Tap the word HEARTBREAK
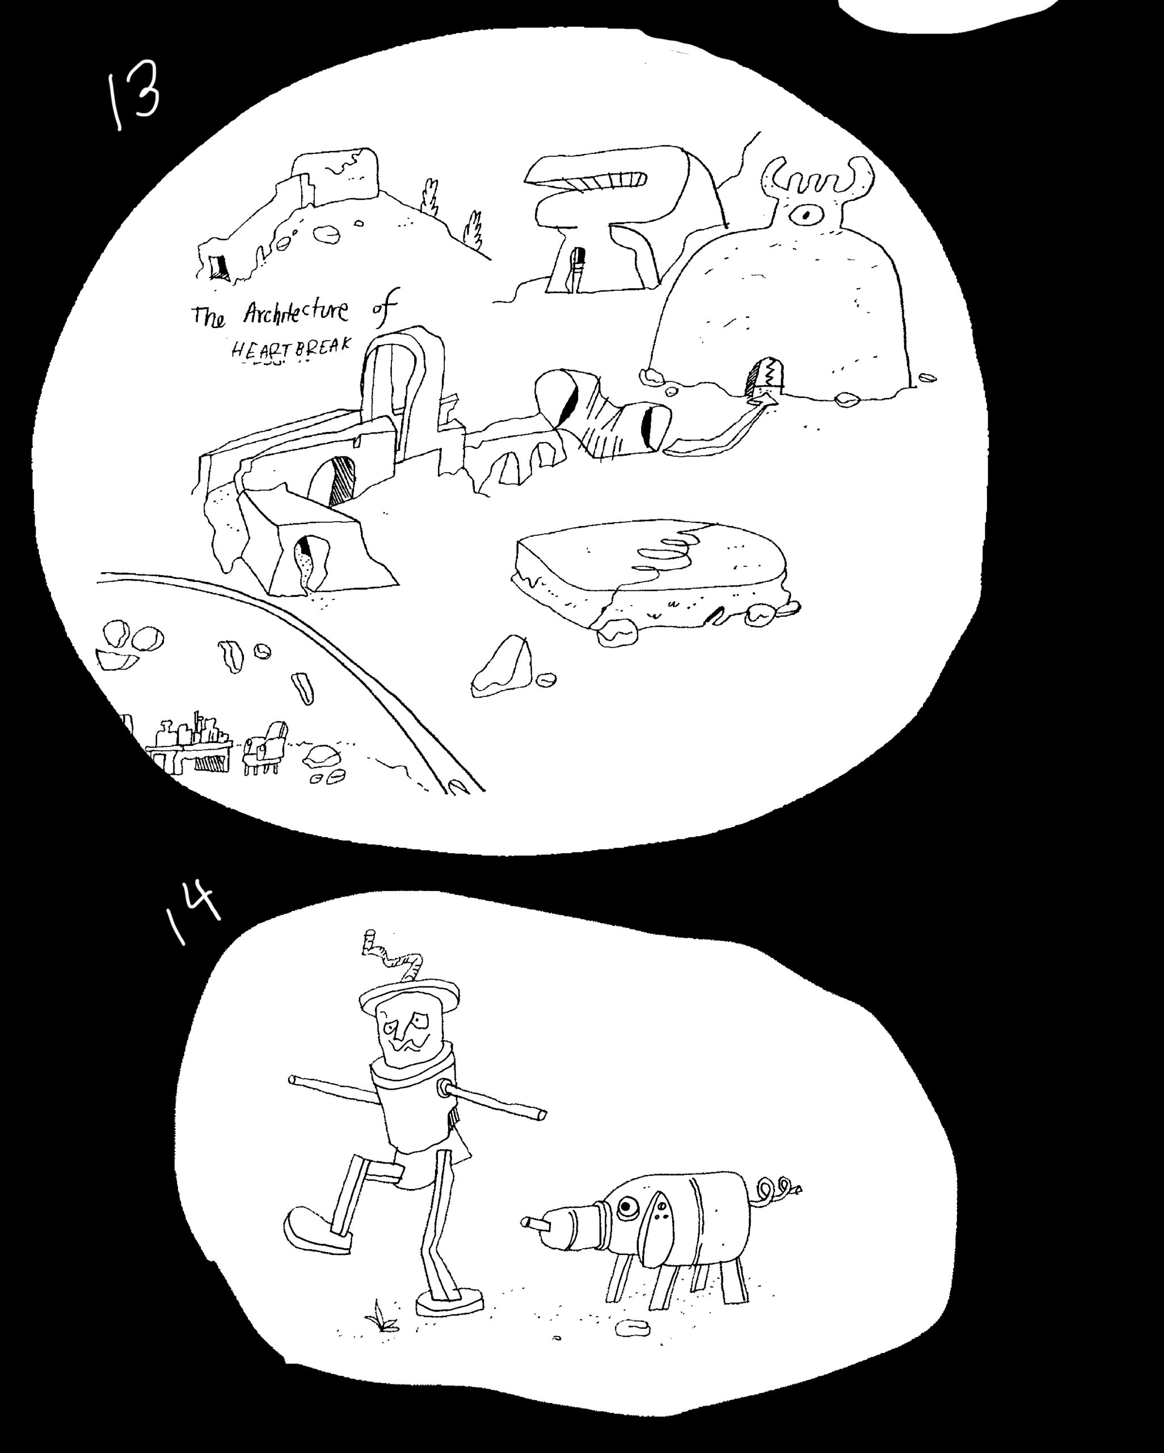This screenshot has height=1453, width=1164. coord(291,347)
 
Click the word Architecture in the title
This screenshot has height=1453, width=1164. coord(296,312)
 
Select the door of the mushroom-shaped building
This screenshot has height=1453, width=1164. coord(577,270)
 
